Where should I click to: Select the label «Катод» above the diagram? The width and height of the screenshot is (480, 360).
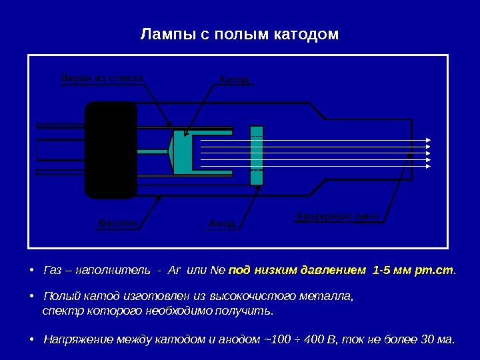click(234, 80)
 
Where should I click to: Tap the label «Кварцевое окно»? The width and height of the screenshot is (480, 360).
click(337, 217)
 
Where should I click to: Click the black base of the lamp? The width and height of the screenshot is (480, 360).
click(111, 150)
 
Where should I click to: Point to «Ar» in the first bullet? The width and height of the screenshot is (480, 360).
click(175, 271)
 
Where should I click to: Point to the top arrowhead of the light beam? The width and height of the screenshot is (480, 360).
click(428, 140)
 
